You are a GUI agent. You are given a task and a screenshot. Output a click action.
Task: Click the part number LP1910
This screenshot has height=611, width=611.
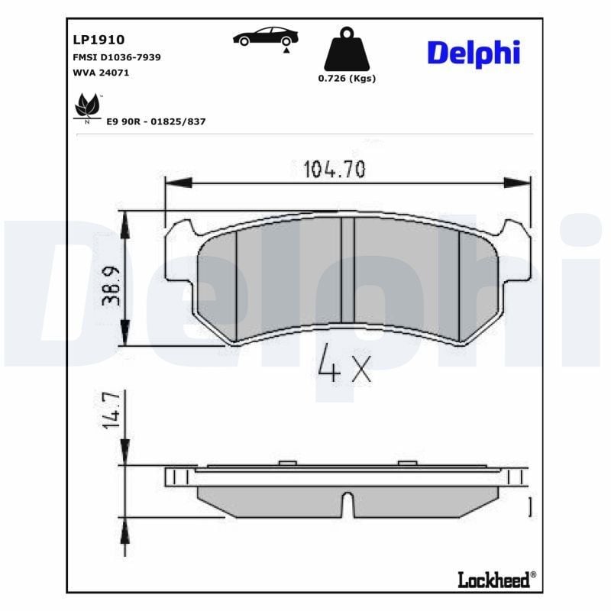pos(99,40)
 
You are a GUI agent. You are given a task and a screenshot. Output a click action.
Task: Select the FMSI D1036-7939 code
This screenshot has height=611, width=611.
pos(116,57)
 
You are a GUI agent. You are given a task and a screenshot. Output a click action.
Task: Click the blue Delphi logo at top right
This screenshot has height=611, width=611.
pos(473,53)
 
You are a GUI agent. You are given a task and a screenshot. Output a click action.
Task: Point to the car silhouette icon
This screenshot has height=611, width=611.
pos(266,37)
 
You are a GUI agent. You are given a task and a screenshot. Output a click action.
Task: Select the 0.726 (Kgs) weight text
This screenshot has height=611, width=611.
pos(347,79)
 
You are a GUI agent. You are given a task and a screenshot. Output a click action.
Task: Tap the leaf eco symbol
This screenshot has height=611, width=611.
pos(86,107)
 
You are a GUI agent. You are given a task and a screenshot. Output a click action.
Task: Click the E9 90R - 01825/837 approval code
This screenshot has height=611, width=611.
pos(156,121)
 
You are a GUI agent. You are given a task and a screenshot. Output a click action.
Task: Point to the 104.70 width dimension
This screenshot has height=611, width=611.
pos(335,169)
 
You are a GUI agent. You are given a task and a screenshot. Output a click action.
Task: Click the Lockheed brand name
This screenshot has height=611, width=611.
pos(493,580)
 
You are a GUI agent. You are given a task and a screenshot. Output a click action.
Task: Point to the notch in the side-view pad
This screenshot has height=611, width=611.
pos(348,505)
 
